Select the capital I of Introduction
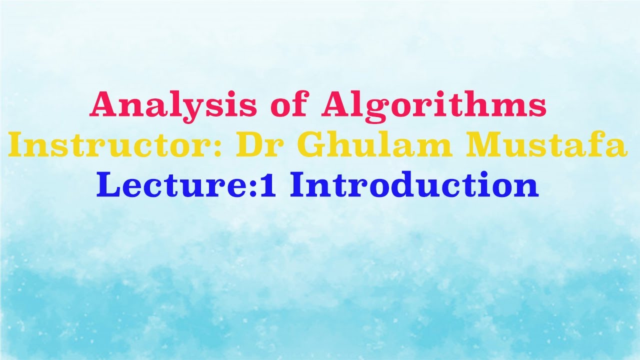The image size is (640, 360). [299, 185]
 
